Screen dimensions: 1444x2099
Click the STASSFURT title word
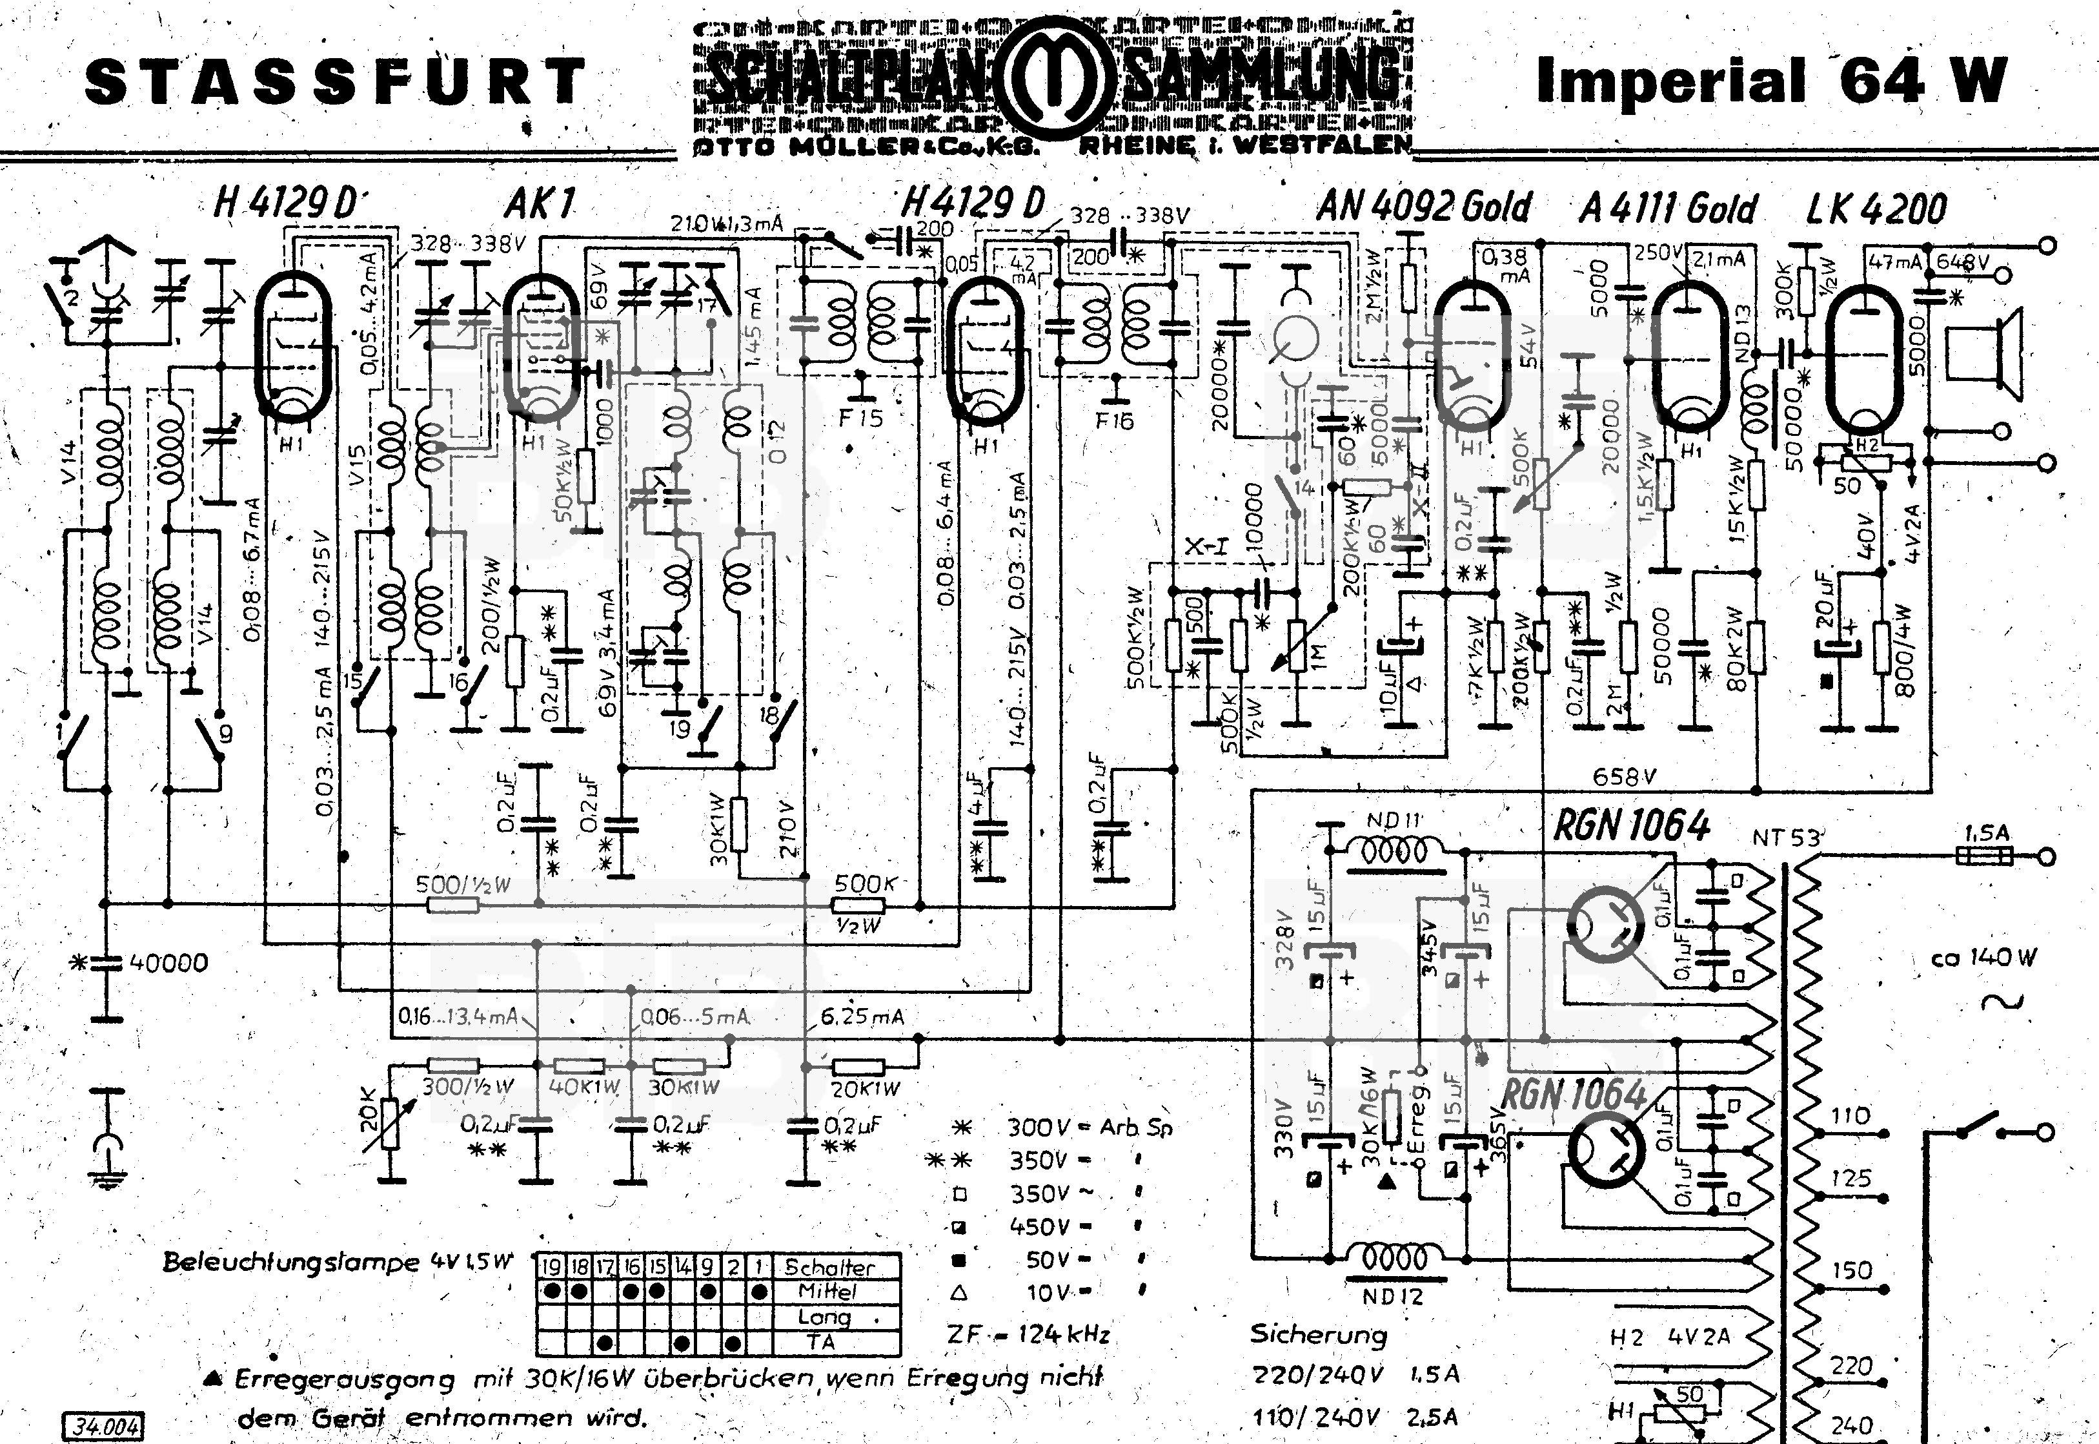pyautogui.click(x=334, y=81)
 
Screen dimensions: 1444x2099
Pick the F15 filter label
pyautogui.click(x=860, y=418)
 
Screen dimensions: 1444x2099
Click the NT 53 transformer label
pyautogui.click(x=1785, y=838)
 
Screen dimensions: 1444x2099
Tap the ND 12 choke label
pyautogui.click(x=1393, y=1295)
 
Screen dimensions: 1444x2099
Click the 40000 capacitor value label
pyautogui.click(x=168, y=963)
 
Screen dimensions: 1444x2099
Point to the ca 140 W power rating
pyautogui.click(x=1984, y=957)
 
